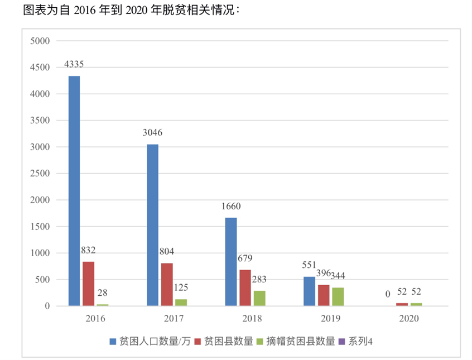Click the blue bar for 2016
click(74, 191)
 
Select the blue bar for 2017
click(152, 225)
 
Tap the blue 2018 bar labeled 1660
click(231, 262)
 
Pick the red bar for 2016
click(88, 284)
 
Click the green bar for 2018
click(259, 298)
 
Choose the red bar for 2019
click(324, 295)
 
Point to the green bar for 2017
click(181, 303)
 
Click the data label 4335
click(74, 64)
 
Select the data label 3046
click(152, 133)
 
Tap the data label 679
click(245, 258)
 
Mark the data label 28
click(102, 293)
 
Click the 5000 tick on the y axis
click(41, 41)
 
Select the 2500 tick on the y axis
click(41, 174)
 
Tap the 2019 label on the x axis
click(330, 319)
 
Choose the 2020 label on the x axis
click(408, 319)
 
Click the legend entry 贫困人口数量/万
click(150, 341)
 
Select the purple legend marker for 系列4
click(342, 341)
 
